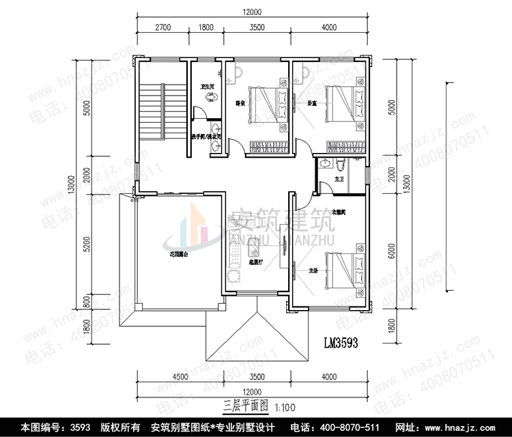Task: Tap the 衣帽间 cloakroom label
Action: [x=339, y=212]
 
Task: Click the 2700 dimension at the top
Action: [x=162, y=28]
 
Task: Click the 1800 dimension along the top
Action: [x=205, y=28]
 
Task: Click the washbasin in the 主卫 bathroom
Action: [x=326, y=164]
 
